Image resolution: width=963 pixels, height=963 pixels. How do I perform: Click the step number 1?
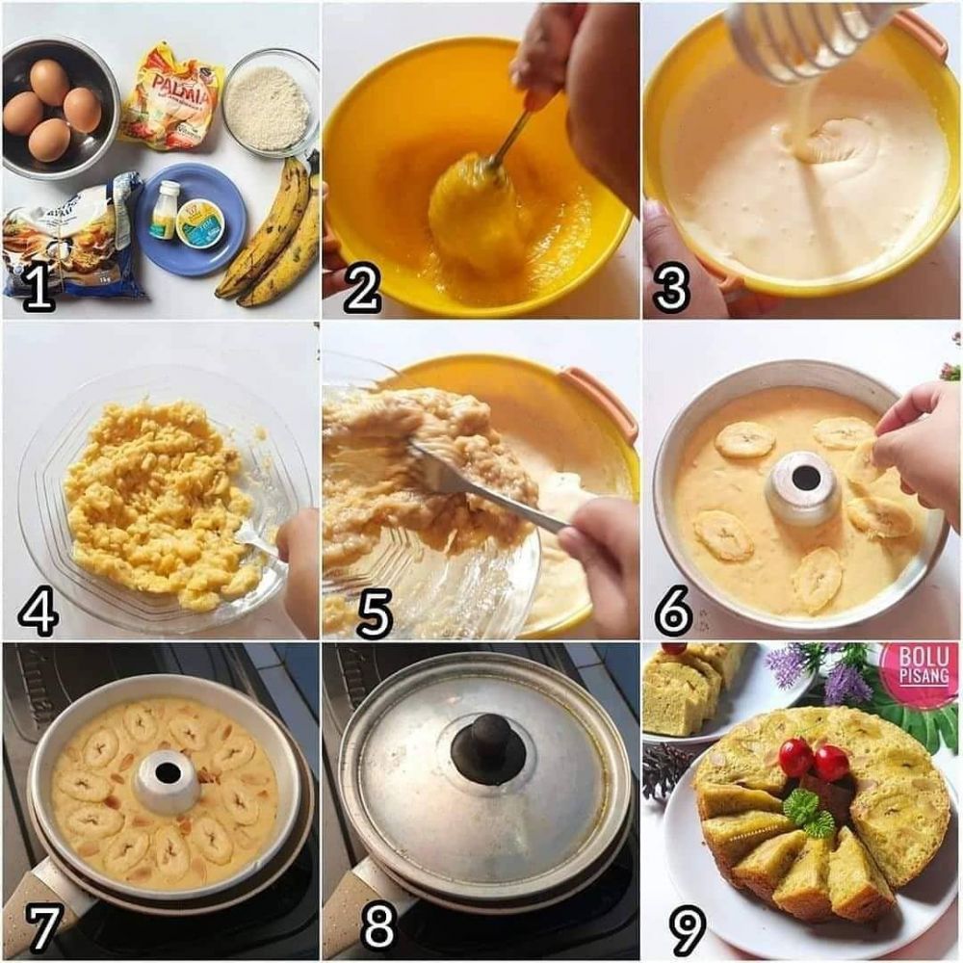39,289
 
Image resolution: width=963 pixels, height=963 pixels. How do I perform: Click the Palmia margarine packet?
173,96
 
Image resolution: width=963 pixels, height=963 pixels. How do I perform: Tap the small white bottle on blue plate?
166,209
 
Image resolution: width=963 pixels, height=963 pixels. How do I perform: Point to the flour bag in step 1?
72,236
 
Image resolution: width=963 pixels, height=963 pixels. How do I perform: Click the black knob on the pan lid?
488,746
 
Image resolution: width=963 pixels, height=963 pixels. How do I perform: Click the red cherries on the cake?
812,761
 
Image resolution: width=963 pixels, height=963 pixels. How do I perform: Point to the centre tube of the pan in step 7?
167,779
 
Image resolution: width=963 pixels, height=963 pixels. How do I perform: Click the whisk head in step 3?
804,39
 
